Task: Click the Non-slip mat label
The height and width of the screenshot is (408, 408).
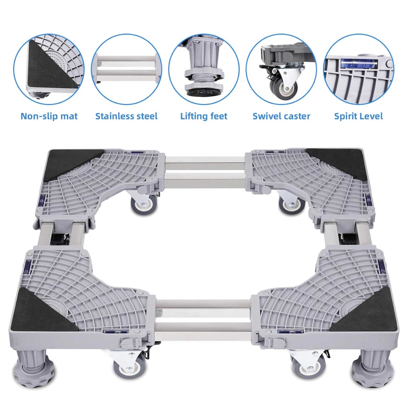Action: (x=49, y=116)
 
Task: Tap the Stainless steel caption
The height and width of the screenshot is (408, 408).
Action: (x=126, y=116)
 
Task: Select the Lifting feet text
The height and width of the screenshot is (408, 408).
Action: (x=204, y=116)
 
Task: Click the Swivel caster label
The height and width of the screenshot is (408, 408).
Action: (x=281, y=116)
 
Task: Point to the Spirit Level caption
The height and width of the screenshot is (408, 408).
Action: (x=358, y=116)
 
